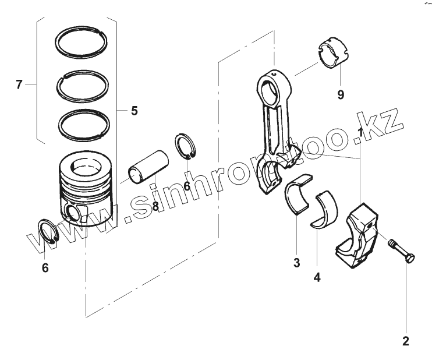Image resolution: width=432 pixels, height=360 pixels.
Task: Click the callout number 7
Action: pyautogui.click(x=19, y=86)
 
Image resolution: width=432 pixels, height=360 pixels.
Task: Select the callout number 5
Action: pyautogui.click(x=134, y=110)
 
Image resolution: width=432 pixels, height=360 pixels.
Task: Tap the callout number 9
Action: pyautogui.click(x=341, y=94)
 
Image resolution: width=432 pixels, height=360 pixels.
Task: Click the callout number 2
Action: pyautogui.click(x=406, y=341)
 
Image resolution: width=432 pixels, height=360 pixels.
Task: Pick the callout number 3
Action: pyautogui.click(x=296, y=263)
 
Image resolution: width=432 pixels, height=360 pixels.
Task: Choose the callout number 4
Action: pyautogui.click(x=317, y=277)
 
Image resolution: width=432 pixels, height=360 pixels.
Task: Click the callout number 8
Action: pyautogui.click(x=155, y=206)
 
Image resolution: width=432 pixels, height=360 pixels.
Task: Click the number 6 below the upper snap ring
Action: pyautogui.click(x=187, y=186)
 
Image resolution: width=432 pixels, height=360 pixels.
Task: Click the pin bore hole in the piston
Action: pyautogui.click(x=73, y=213)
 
